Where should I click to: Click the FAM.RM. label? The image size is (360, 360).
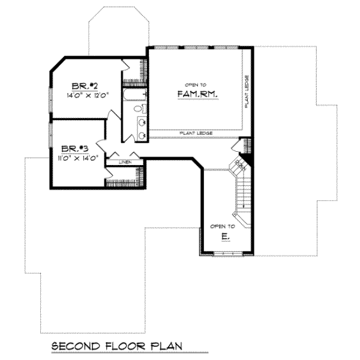point(196,94)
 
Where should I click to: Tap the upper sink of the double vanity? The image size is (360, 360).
point(142,123)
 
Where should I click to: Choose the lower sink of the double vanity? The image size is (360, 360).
point(142,136)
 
